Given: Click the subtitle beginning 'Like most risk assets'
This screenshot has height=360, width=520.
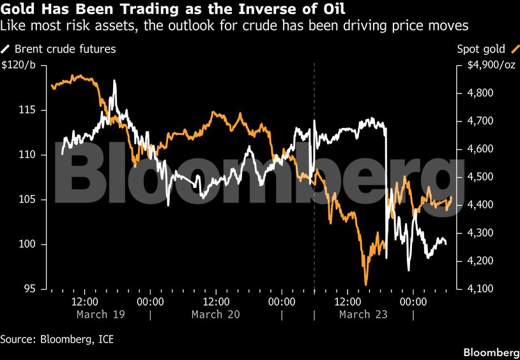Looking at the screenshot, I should [234, 26].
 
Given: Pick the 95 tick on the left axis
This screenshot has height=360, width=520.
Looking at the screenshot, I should [30, 290].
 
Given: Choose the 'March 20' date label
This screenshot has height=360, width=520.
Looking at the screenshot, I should [216, 315].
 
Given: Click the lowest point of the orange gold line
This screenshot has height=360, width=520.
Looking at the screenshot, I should [366, 285].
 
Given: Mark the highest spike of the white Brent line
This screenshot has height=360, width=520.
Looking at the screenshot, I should [114, 81].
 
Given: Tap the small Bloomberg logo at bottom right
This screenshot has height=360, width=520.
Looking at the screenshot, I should [491, 353].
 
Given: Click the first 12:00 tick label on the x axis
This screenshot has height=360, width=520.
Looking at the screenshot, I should [84, 301].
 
